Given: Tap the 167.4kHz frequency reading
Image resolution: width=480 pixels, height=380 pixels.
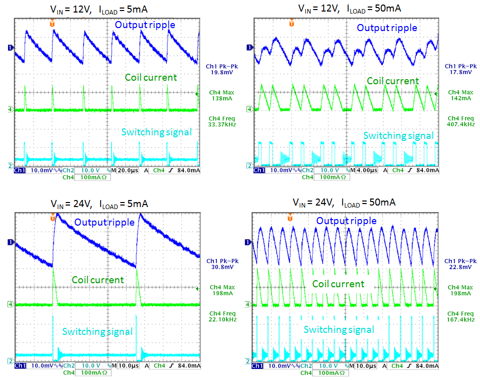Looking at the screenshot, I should [460, 319].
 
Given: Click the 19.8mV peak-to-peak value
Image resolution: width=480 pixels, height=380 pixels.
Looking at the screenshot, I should [222, 72].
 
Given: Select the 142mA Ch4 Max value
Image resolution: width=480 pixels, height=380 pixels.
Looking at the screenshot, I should [460, 98].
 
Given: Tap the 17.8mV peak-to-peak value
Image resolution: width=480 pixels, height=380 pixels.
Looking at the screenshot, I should [459, 72].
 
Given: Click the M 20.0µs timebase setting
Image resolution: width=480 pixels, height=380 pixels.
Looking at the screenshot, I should [123, 171].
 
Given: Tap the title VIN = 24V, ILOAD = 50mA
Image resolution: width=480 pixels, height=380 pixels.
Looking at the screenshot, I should [344, 203].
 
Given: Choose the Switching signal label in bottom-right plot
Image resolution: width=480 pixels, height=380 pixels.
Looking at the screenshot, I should [339, 329].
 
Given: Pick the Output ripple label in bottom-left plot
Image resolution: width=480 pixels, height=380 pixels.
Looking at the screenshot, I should [104, 222].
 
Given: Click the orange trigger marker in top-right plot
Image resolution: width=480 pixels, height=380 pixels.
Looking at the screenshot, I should [292, 23].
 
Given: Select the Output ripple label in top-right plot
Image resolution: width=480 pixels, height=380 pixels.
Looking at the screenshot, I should [387, 28].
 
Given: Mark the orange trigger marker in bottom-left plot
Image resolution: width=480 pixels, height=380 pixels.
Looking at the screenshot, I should [53, 217].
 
